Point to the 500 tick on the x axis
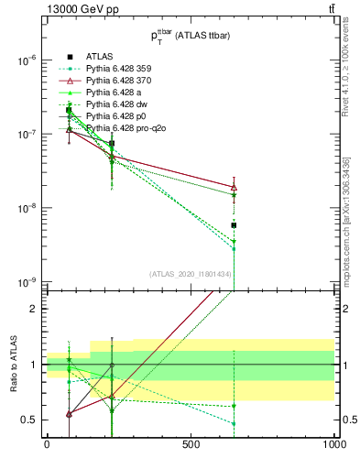point(191,443)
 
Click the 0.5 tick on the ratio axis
point(30,420)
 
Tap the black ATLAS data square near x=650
point(234,225)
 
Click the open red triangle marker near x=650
point(234,187)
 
